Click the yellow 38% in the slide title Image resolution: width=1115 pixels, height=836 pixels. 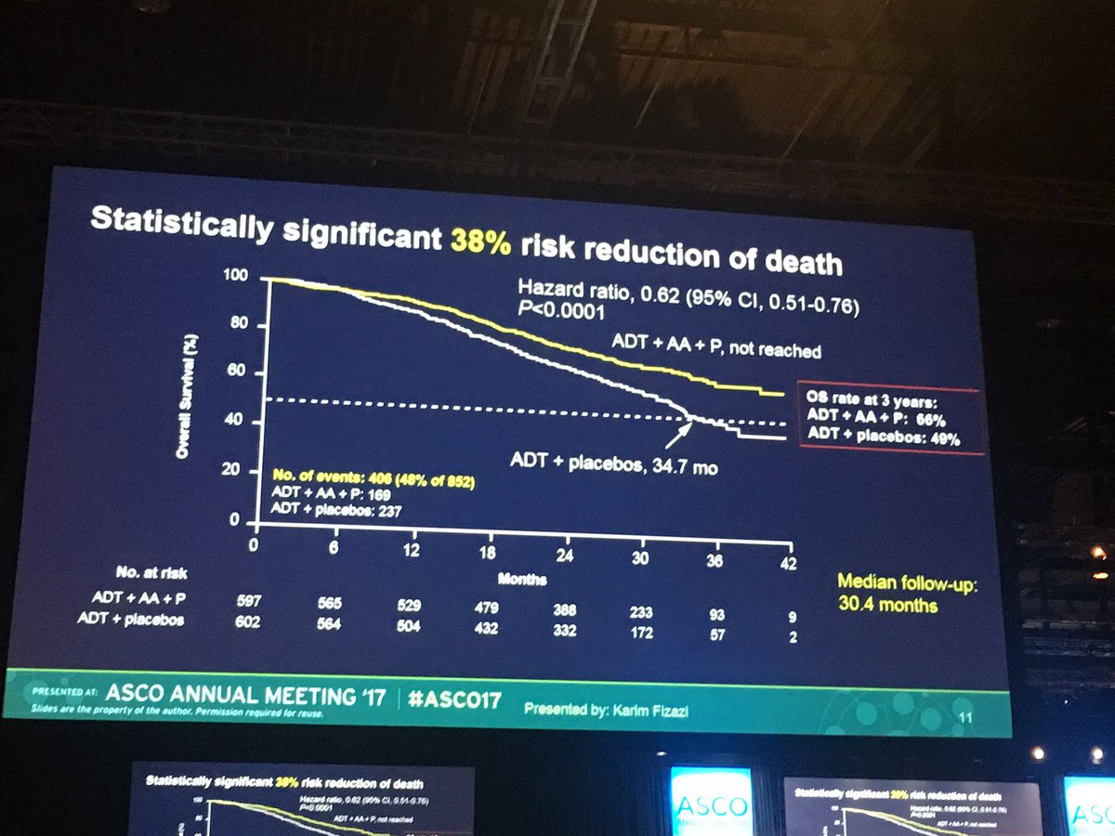[480, 241]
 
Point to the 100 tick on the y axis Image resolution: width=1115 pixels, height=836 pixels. [236, 277]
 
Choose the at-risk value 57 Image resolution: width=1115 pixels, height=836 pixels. [715, 635]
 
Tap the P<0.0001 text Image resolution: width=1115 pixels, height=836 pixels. [558, 313]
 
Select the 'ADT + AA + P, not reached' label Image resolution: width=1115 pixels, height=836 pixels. [715, 347]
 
